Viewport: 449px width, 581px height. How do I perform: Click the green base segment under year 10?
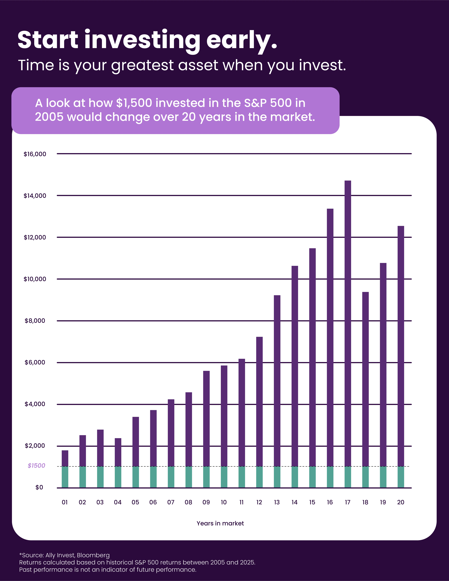[224, 477]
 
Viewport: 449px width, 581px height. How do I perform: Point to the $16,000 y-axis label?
[35, 154]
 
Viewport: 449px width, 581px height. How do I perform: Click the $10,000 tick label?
[35, 279]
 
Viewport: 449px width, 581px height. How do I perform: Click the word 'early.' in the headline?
[242, 40]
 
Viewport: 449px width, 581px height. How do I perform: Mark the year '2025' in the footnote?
[247, 562]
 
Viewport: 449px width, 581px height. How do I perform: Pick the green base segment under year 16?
[330, 477]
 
